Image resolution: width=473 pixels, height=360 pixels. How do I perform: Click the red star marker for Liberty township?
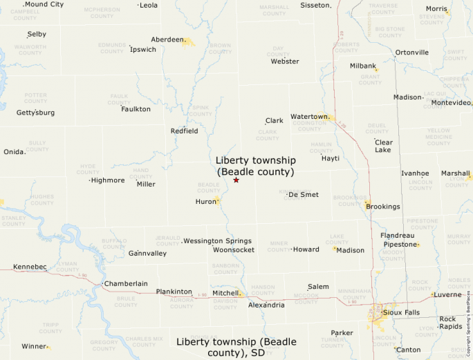[x=236, y=180]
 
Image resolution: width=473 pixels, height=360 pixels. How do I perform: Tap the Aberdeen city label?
[x=167, y=39]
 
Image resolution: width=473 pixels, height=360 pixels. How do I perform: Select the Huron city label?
[x=206, y=202]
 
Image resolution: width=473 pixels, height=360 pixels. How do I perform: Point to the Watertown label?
[x=308, y=117]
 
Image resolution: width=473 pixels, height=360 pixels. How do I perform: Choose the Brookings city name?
[x=382, y=207]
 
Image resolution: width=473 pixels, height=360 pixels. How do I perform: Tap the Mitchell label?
[x=225, y=293]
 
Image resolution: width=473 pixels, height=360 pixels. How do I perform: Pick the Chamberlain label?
[x=126, y=283]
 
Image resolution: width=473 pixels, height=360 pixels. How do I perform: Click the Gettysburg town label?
[x=35, y=112]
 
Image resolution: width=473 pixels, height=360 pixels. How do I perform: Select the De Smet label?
[x=304, y=195]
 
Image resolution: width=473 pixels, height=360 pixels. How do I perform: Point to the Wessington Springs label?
[x=217, y=241]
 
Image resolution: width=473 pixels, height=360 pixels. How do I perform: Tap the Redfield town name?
[x=185, y=131]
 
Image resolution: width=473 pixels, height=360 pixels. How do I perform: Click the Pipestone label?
[x=400, y=245]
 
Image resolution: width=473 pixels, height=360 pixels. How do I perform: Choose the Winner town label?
[x=33, y=346]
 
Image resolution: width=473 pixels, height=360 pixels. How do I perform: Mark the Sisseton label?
[x=315, y=5]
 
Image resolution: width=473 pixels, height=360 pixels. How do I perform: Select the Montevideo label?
[x=451, y=103]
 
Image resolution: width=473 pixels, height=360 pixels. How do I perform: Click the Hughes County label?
[x=41, y=200]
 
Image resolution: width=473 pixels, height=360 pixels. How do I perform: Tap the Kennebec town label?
[x=30, y=267]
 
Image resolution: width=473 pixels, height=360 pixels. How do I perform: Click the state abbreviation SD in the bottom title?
[x=258, y=352]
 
